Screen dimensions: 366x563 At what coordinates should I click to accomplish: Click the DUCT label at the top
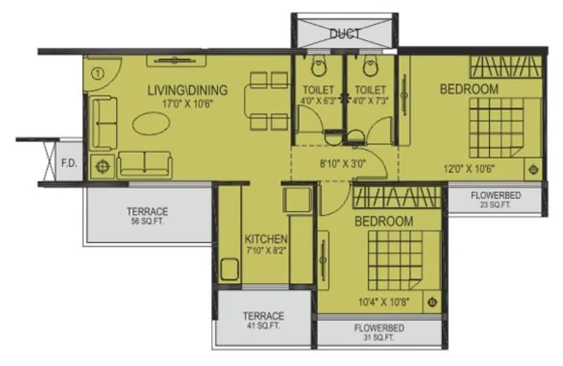345,33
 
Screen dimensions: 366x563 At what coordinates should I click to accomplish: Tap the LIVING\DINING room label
187,90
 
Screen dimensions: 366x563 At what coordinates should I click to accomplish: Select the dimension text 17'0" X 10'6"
187,103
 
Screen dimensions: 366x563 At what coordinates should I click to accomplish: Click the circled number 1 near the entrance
97,71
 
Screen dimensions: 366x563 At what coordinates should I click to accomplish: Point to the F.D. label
69,164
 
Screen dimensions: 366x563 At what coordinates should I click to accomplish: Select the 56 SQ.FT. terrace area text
147,221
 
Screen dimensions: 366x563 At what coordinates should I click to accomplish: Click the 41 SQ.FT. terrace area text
263,326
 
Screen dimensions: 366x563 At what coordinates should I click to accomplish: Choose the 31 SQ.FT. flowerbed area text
379,338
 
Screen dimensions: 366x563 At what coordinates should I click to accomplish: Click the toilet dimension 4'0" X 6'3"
319,100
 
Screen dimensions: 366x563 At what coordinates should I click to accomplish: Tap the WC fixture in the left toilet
319,66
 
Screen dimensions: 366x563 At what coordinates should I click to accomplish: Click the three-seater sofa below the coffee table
145,164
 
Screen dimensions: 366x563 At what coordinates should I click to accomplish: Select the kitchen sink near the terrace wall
229,270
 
